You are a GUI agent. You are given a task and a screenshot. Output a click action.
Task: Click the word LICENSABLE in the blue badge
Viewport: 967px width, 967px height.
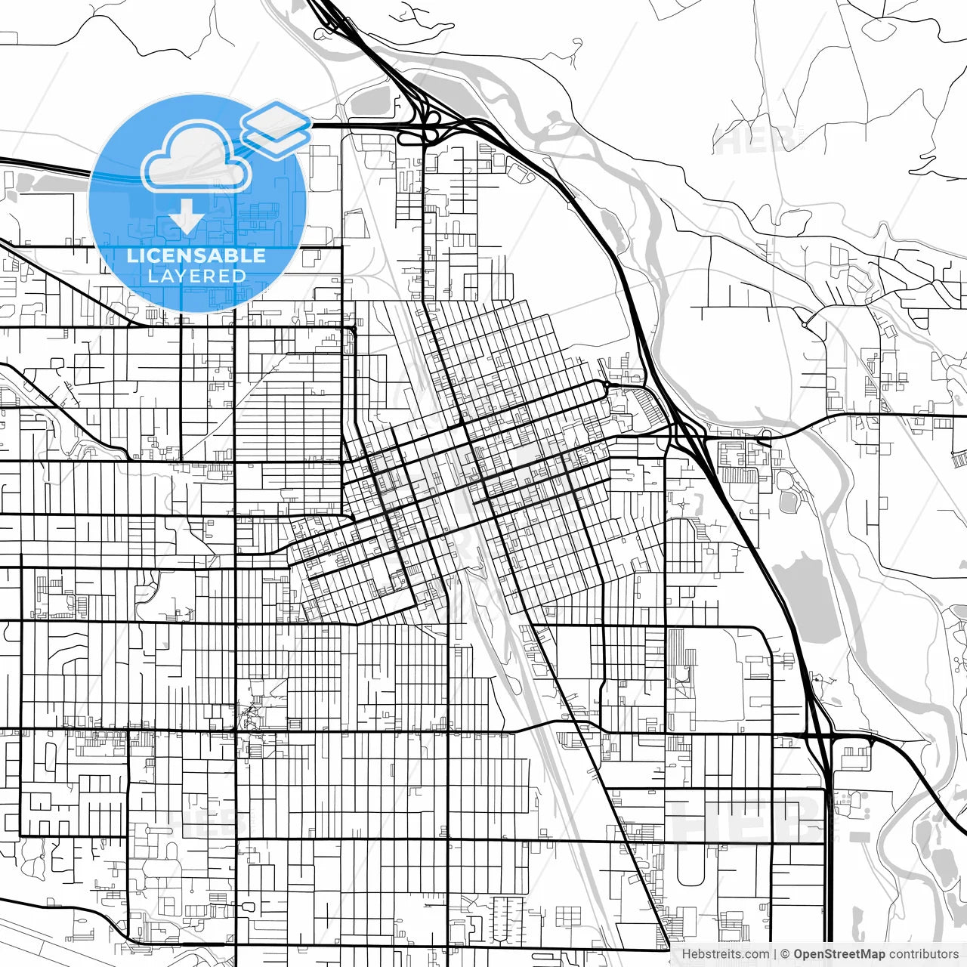(196, 255)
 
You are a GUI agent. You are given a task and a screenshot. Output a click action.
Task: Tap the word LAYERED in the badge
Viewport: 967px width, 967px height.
(196, 277)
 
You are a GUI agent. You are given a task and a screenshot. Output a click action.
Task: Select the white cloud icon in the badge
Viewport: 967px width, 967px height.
(196, 159)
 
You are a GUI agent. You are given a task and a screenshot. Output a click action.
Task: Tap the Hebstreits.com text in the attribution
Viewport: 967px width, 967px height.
(725, 954)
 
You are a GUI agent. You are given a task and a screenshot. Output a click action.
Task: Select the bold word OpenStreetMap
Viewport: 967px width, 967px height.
(839, 954)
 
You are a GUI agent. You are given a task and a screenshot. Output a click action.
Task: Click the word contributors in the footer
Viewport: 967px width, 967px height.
(923, 954)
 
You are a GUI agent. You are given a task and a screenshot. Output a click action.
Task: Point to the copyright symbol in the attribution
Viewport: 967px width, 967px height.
(785, 954)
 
